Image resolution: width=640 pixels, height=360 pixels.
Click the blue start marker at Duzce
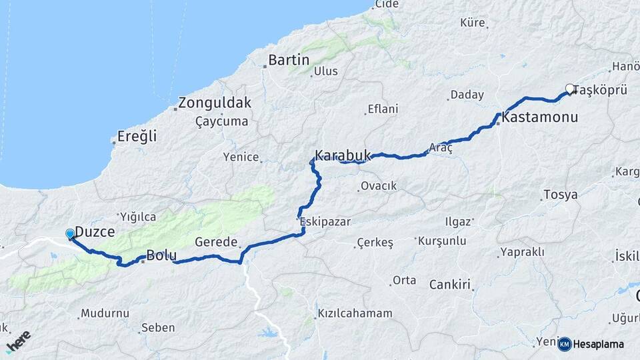[70, 233]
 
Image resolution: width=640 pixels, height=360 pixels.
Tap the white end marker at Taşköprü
[570, 88]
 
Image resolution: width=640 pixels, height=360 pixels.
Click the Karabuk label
[342, 155]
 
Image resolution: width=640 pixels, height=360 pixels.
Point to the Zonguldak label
[215, 103]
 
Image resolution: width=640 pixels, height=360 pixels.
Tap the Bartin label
[289, 60]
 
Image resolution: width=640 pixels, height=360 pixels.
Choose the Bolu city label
[161, 254]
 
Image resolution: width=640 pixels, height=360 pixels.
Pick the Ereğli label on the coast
[137, 137]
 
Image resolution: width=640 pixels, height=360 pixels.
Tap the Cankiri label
[450, 284]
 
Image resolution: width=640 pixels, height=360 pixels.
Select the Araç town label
[441, 147]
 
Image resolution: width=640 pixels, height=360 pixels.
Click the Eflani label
[383, 109]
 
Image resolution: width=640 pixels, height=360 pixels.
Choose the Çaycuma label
[221, 121]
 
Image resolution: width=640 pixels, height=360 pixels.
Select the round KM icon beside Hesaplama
[565, 344]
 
